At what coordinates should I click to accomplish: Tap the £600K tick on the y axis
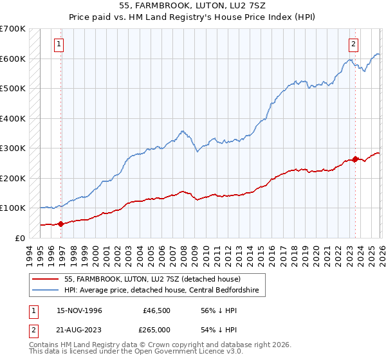[x=13, y=59]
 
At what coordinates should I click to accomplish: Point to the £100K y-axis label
[x=13, y=208]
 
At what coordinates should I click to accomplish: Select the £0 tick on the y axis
[x=21, y=238]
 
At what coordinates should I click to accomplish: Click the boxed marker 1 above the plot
[x=59, y=44]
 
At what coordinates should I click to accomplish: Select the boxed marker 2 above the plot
[x=354, y=44]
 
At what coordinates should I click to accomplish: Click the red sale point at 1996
[x=61, y=224]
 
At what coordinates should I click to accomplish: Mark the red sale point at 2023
[x=355, y=159]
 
